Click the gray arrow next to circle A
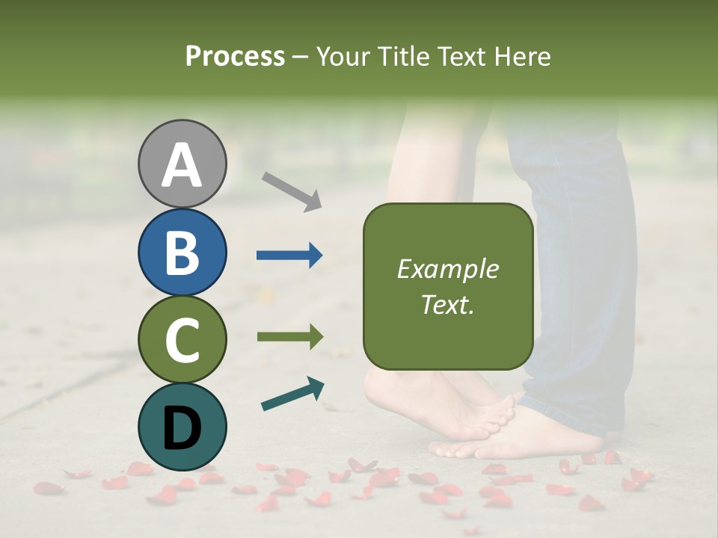(292, 191)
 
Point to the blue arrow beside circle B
(289, 256)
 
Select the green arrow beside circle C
(289, 336)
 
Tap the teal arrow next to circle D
(292, 394)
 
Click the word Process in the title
(235, 56)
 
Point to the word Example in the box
(447, 269)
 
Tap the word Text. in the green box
(447, 304)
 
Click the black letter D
(182, 428)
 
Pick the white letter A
(182, 164)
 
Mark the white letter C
(182, 340)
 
